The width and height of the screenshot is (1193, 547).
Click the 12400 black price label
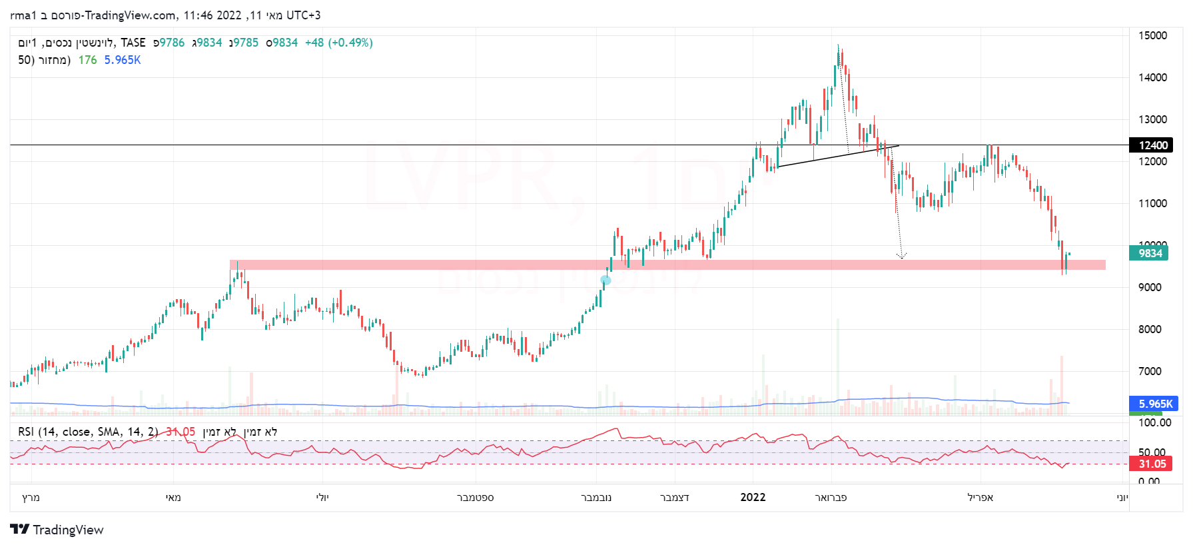click(1152, 145)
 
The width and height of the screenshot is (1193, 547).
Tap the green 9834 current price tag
click(1150, 253)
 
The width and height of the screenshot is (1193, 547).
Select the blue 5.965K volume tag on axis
click(1155, 404)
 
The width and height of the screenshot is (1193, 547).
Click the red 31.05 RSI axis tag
click(1152, 464)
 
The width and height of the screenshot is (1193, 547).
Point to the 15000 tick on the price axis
click(1152, 35)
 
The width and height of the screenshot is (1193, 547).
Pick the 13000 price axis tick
click(1152, 119)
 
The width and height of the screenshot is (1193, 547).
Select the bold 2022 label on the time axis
click(753, 497)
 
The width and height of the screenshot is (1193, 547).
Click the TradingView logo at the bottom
click(57, 530)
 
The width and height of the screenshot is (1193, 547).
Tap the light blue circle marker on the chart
click(605, 280)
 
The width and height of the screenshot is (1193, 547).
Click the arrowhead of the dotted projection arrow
click(901, 256)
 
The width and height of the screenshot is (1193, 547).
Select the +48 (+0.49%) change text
click(338, 43)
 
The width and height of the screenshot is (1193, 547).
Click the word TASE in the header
click(133, 43)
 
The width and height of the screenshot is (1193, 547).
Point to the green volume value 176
click(87, 60)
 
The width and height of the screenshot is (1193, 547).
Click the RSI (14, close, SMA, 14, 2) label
click(88, 432)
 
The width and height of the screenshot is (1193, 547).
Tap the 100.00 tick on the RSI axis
click(1154, 422)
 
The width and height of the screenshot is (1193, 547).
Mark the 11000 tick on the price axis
click(1152, 203)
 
